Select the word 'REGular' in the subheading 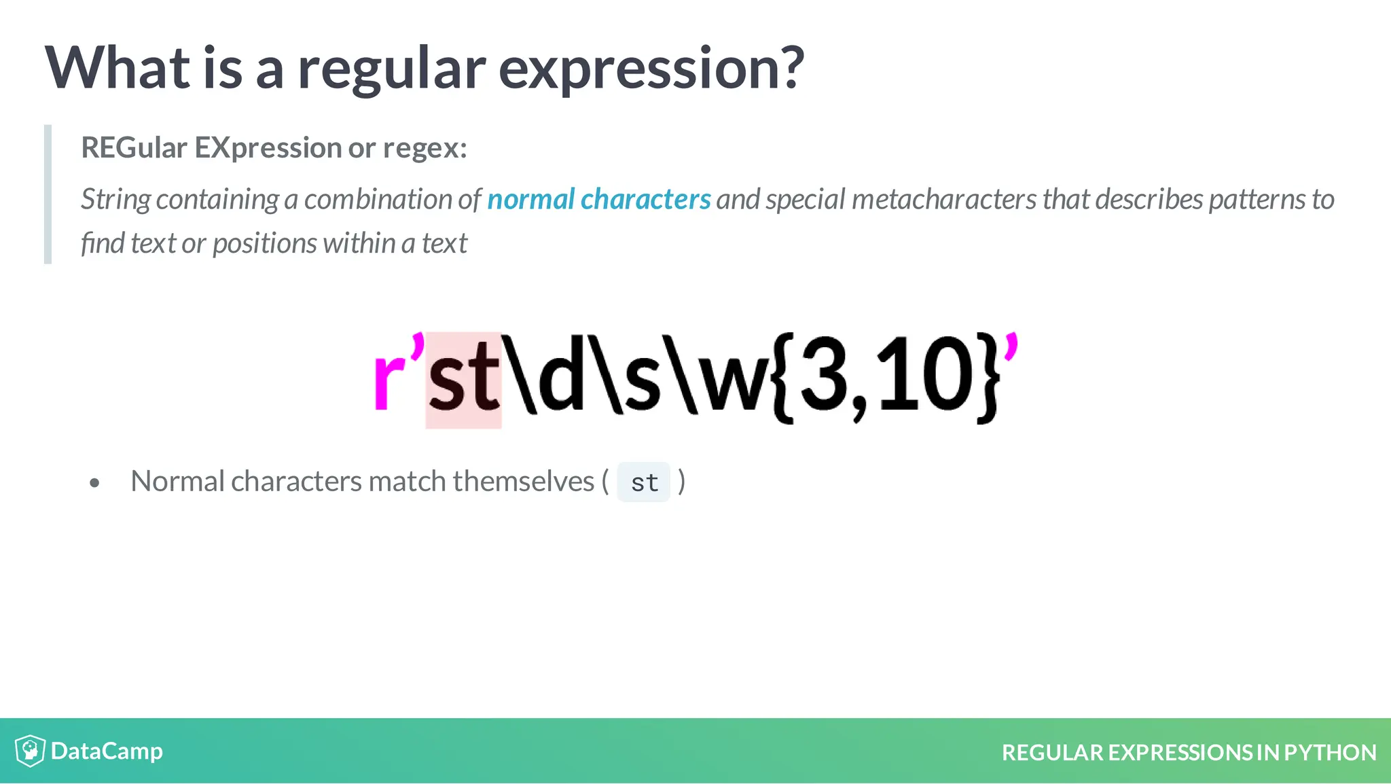coord(134,148)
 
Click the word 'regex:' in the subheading coord(425,148)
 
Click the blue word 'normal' coord(531,200)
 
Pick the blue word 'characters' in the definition coord(645,200)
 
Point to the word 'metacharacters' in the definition coord(944,200)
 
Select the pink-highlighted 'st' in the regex coord(463,380)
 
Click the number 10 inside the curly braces coord(927,376)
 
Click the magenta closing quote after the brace coord(1011,346)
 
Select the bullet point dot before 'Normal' coord(94,483)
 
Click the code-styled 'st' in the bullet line coord(644,482)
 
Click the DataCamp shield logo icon coord(30,751)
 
